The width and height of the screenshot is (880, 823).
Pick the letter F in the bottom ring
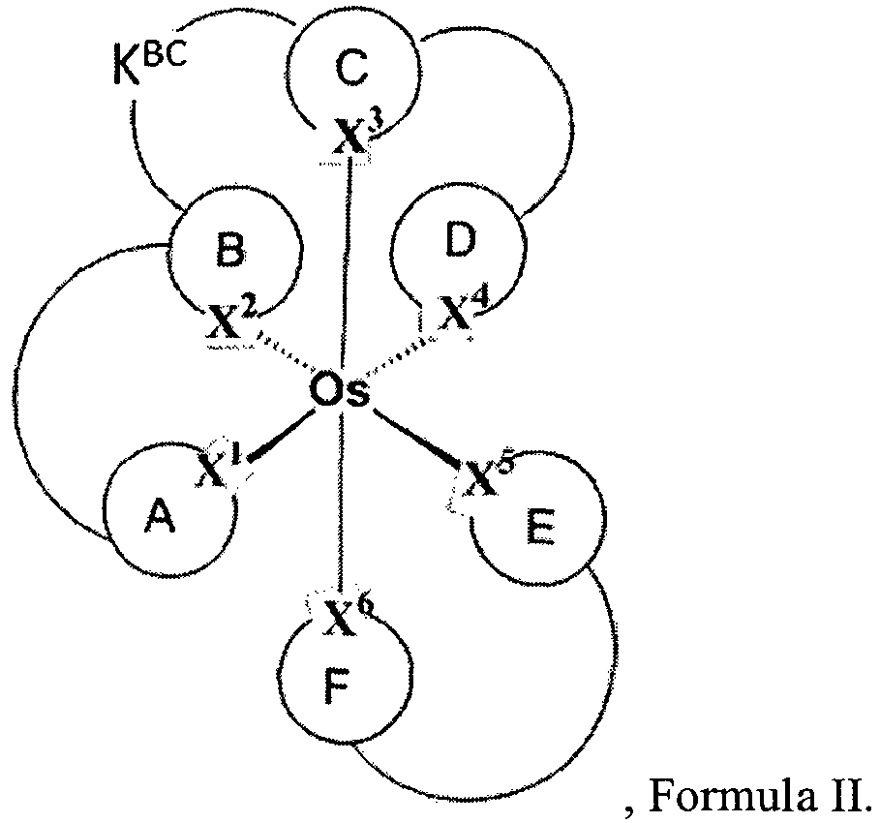(337, 685)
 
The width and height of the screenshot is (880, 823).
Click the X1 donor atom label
(220, 466)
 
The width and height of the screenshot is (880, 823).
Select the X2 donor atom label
(231, 320)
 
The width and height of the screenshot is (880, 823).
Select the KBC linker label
(149, 66)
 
